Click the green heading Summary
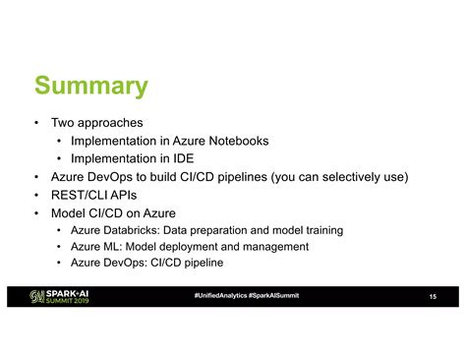click(x=90, y=87)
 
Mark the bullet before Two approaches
click(x=36, y=124)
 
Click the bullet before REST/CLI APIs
click(x=36, y=195)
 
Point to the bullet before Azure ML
click(x=61, y=246)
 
